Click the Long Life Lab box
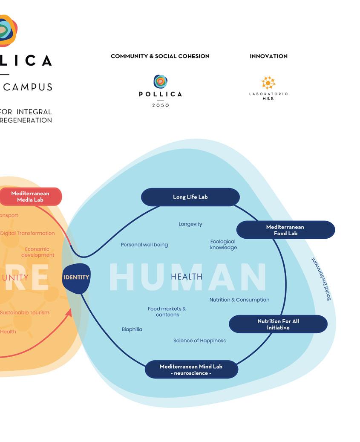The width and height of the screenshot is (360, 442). pos(190,197)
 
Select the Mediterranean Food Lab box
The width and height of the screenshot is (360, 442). pos(285,230)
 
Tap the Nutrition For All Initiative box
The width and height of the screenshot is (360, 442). pos(278,324)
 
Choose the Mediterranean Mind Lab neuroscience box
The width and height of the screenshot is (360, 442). pos(191,370)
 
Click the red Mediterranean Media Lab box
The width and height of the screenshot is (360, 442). pos(30,196)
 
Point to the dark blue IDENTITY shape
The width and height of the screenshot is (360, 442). pos(76,278)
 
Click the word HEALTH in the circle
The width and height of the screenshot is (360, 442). pos(187,277)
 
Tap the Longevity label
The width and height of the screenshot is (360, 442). pos(190,224)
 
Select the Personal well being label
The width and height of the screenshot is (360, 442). pos(144,245)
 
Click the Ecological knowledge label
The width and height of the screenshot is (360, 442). pos(223,245)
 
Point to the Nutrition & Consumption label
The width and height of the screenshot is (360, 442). pos(239,300)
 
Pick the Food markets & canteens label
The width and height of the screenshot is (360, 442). pos(167,312)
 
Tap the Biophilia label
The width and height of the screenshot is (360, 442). pos(132,329)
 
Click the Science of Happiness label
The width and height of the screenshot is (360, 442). pos(199,341)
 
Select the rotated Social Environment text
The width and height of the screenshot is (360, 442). pos(322,279)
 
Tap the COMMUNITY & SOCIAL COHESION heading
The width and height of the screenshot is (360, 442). pos(160,56)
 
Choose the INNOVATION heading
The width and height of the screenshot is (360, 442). pos(268,56)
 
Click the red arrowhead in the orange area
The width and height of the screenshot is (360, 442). pos(69,312)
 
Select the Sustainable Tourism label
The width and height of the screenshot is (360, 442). pos(25,312)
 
